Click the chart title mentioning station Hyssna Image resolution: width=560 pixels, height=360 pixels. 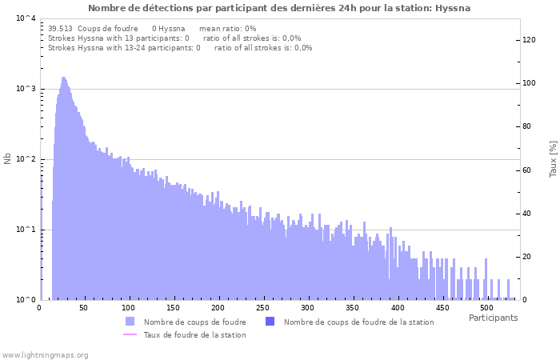[x=279, y=8]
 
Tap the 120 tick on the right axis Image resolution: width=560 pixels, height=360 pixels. [x=530, y=40]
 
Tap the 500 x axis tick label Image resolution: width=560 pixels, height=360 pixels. [x=486, y=308]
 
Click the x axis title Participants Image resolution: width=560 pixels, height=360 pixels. [x=493, y=318]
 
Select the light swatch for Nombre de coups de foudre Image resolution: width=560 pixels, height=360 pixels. [x=130, y=322]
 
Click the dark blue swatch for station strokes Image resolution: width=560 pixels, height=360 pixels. [x=270, y=322]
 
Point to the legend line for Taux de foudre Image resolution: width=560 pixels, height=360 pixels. [x=130, y=334]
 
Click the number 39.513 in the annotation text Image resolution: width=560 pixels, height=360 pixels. [x=60, y=28]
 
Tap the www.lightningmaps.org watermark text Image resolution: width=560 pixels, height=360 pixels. [x=45, y=354]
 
